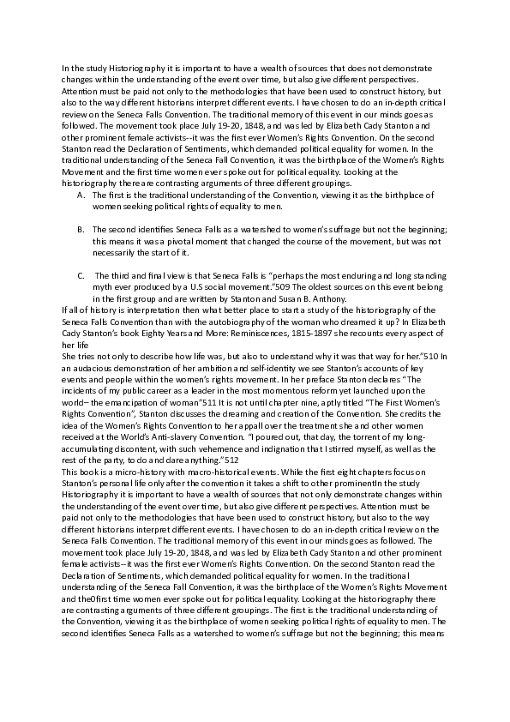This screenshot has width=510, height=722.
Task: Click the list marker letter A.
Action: [x=80, y=196]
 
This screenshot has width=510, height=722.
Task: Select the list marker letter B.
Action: [x=80, y=231]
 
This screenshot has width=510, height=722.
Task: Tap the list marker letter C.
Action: [x=80, y=275]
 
